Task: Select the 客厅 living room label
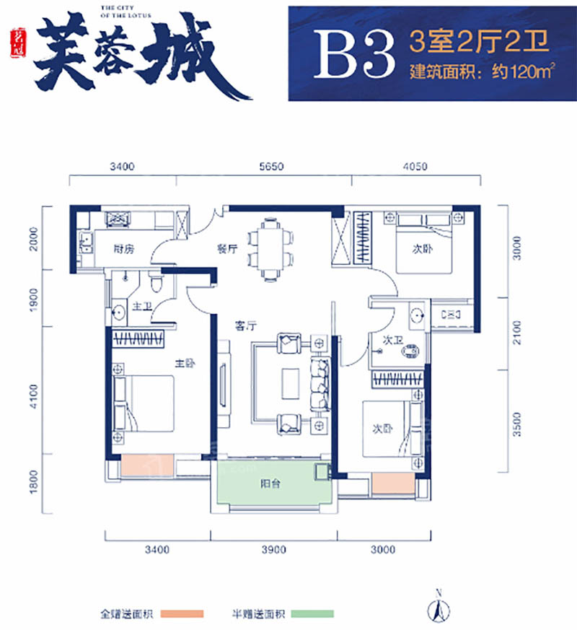coord(246,325)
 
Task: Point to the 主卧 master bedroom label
coord(180,364)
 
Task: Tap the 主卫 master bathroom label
coord(141,307)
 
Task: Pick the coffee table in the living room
coord(291,382)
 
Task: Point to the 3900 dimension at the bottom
coord(274,550)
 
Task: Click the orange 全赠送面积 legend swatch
coord(182,615)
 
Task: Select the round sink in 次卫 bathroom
coord(417,315)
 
